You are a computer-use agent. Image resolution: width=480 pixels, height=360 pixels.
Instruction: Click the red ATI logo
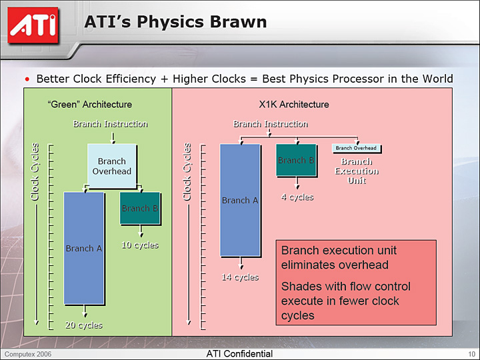click(33, 26)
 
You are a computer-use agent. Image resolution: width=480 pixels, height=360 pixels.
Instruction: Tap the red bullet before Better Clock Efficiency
click(27, 79)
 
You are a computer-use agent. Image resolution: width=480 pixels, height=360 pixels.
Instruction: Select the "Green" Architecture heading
click(90, 105)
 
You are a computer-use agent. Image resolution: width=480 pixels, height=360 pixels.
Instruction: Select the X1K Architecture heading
click(294, 105)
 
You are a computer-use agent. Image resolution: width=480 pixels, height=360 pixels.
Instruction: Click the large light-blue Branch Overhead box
click(112, 166)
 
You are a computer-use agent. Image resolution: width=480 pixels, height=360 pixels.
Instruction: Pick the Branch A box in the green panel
click(84, 248)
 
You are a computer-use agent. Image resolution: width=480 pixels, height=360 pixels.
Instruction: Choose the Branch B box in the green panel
click(140, 208)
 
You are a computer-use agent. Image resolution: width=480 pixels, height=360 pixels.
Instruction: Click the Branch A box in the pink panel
click(240, 200)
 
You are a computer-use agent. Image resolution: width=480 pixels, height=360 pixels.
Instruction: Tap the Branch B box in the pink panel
click(296, 160)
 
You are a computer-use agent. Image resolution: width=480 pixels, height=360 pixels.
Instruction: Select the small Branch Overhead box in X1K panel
click(356, 148)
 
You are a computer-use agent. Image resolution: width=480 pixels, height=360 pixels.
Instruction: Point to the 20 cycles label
click(84, 325)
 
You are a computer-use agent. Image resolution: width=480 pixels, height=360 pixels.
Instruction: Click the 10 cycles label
click(140, 245)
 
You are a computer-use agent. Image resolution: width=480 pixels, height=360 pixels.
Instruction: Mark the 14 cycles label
click(240, 277)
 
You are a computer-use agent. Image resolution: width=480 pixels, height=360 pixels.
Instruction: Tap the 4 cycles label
click(297, 197)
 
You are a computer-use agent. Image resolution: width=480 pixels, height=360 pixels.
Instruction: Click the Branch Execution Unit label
click(357, 171)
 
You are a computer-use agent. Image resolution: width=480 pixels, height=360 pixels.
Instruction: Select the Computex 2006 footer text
click(28, 354)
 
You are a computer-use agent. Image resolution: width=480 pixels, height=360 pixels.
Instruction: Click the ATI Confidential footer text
click(239, 354)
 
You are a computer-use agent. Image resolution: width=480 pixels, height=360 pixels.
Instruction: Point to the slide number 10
click(471, 354)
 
